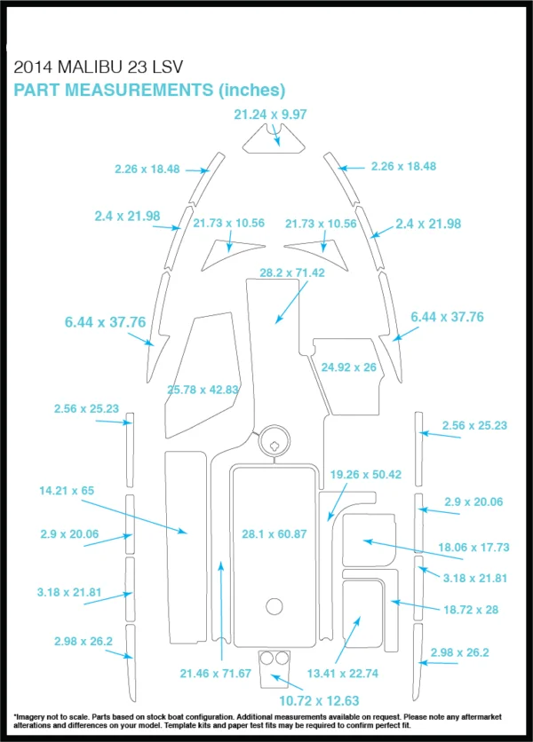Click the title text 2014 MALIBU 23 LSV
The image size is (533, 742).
[98, 67]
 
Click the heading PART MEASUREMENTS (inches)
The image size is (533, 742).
[149, 90]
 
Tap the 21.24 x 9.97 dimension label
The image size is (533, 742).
[270, 114]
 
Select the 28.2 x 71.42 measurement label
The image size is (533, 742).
[292, 272]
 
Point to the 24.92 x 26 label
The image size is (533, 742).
[349, 367]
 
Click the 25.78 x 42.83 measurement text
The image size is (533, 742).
[203, 390]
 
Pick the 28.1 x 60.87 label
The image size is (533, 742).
[274, 533]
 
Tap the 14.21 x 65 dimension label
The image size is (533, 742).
[67, 490]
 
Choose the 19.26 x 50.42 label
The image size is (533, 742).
[366, 474]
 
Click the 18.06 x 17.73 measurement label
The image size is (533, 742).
[473, 547]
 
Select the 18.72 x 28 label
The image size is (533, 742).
[471, 610]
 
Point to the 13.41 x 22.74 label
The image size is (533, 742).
[343, 673]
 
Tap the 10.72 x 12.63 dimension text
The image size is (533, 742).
[319, 701]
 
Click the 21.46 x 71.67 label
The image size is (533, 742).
[216, 673]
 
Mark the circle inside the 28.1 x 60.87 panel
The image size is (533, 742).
[274, 606]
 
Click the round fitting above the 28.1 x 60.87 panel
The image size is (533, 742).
[274, 440]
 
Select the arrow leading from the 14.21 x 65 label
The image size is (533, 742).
[134, 517]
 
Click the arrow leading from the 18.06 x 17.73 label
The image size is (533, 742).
[413, 549]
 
